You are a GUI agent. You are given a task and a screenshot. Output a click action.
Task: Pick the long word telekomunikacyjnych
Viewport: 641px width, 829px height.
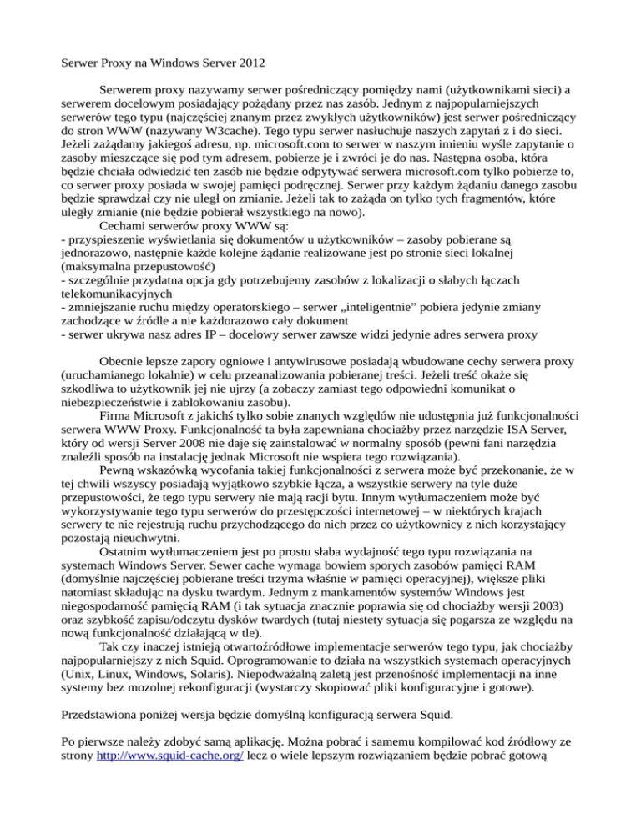[x=106, y=294]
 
